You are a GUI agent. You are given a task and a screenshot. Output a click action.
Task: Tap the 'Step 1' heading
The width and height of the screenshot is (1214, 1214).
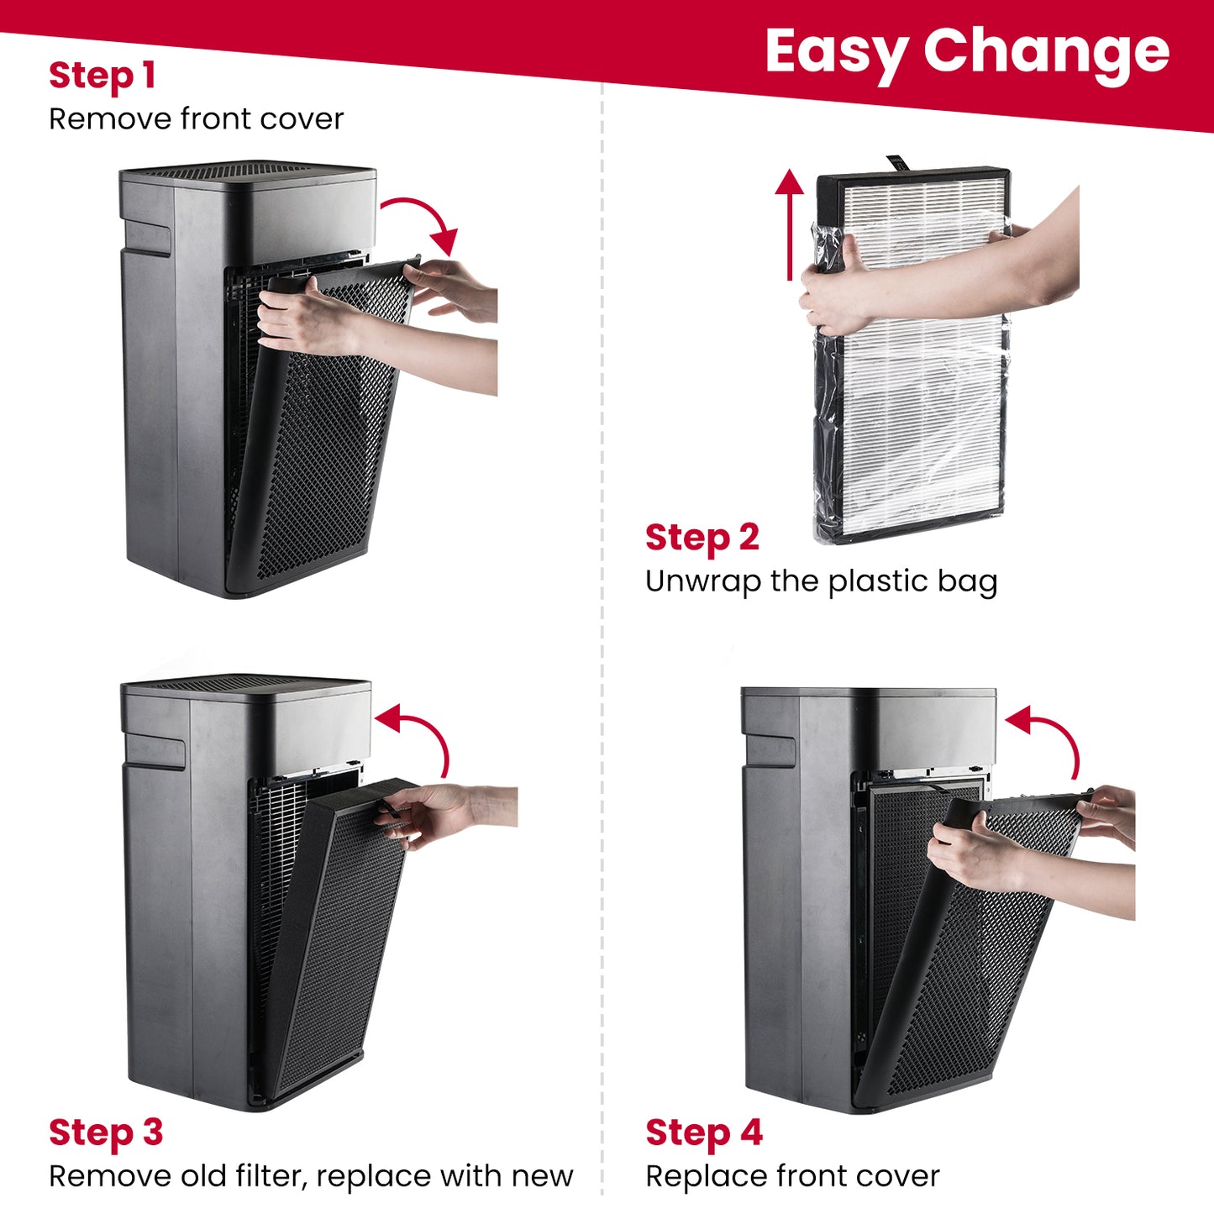pyautogui.click(x=102, y=76)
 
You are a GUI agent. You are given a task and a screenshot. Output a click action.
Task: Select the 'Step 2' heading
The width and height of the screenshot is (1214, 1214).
pyautogui.click(x=702, y=538)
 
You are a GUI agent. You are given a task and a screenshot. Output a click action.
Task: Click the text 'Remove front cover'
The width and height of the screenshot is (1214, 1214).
pyautogui.click(x=197, y=119)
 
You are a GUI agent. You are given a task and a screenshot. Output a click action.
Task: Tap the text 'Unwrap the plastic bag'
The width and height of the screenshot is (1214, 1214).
pyautogui.click(x=822, y=581)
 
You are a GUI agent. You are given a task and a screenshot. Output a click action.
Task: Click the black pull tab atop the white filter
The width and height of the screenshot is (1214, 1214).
pyautogui.click(x=898, y=163)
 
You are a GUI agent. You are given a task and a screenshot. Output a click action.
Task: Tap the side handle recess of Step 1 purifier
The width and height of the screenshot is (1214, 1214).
pyautogui.click(x=148, y=238)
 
